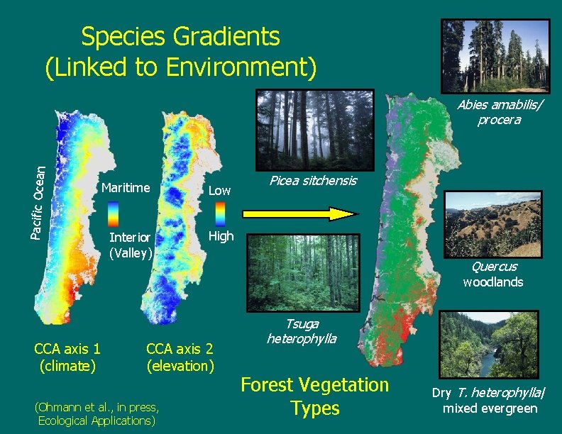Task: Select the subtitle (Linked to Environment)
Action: [x=180, y=67]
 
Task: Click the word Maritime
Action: [x=126, y=188]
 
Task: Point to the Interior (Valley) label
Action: [x=130, y=245]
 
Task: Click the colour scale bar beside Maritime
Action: [x=114, y=213]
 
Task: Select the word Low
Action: [x=219, y=190]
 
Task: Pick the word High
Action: [x=221, y=236]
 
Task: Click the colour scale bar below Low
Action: [x=220, y=213]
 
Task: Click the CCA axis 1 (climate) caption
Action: [x=67, y=357]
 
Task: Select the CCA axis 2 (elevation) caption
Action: [x=180, y=357]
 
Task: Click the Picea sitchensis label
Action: [x=313, y=181]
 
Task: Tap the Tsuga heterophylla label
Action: [x=302, y=331]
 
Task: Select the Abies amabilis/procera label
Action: [x=498, y=112]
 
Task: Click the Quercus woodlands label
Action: [x=493, y=274]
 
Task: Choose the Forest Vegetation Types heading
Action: [x=315, y=396]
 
